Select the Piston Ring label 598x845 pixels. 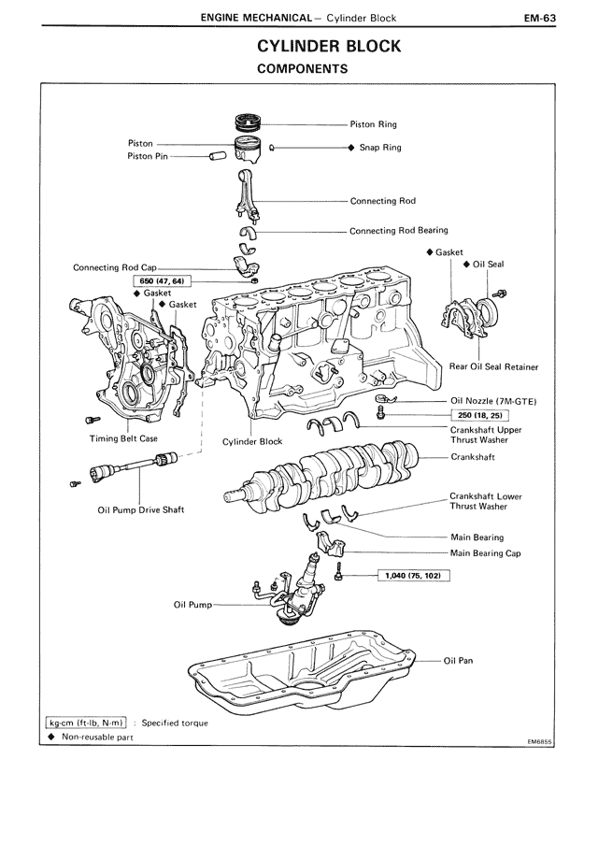[374, 123]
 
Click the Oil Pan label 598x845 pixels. [459, 660]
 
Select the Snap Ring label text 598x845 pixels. [380, 148]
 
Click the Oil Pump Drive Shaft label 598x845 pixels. [141, 509]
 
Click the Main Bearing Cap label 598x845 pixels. [486, 553]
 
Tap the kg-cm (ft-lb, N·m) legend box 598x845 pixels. [87, 723]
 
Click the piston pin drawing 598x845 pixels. [217, 156]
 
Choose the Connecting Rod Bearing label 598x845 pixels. [399, 230]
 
